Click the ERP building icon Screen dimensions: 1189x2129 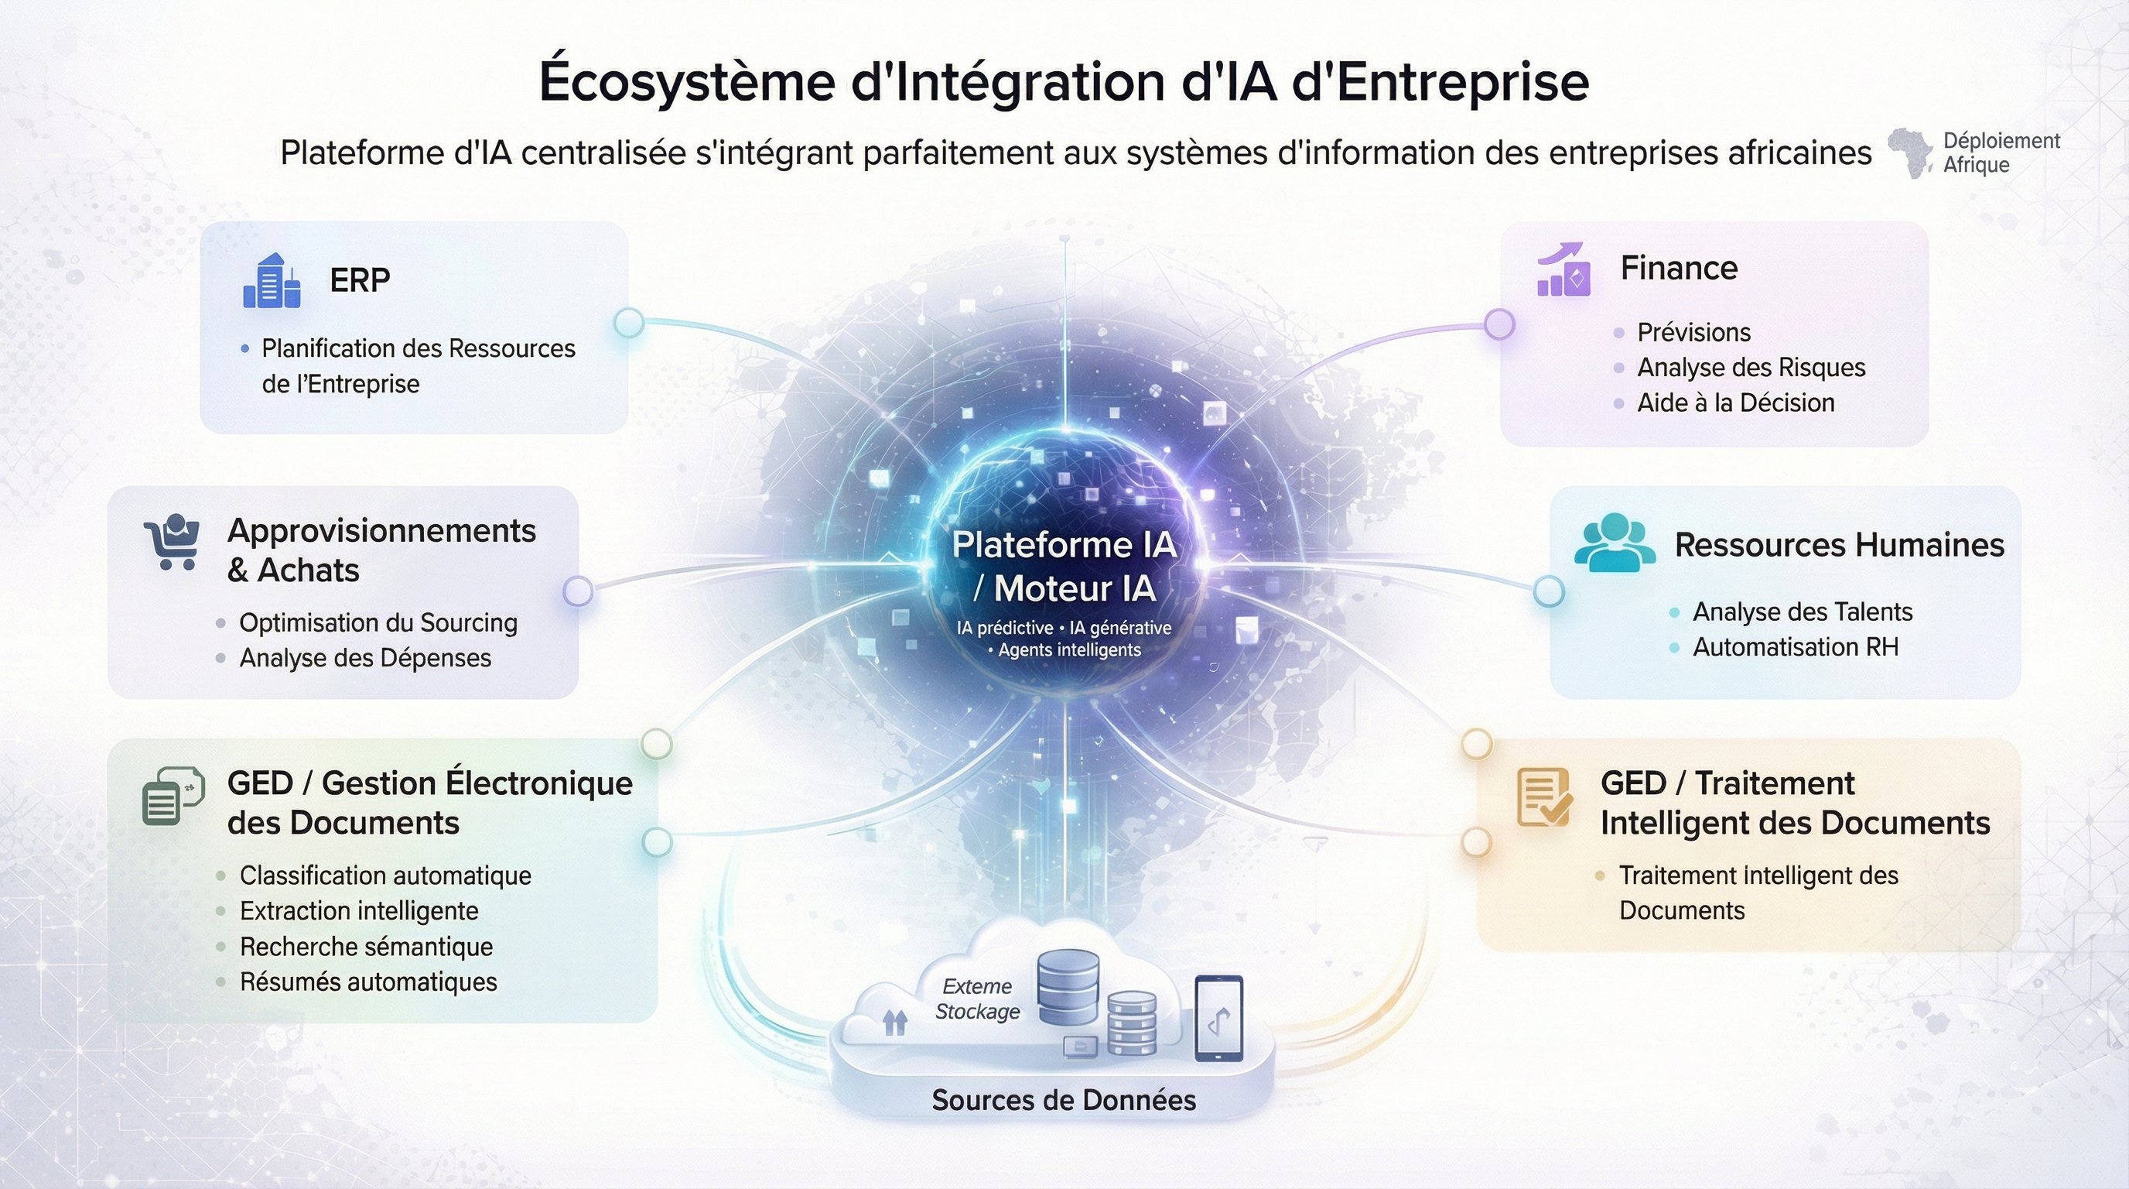coord(271,281)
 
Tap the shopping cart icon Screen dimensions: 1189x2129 coord(172,543)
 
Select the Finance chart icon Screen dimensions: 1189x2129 coord(1563,269)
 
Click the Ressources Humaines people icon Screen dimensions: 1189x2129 coord(1614,543)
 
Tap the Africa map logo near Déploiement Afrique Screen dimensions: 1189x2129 coord(1910,153)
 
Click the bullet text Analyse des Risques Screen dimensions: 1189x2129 coord(1751,367)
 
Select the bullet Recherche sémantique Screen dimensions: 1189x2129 coord(366,947)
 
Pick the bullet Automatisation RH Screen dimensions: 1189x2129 coord(1795,646)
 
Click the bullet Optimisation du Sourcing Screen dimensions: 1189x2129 coord(378,622)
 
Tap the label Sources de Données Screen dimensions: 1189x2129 coord(1064,1101)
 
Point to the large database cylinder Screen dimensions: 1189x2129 coord(1068,987)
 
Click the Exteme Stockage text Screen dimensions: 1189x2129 coord(977,999)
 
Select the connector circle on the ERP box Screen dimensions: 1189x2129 coord(629,323)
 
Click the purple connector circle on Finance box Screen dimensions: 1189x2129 coord(1499,324)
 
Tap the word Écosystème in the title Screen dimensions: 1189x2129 coord(687,81)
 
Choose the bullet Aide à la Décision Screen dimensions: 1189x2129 coord(1734,403)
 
